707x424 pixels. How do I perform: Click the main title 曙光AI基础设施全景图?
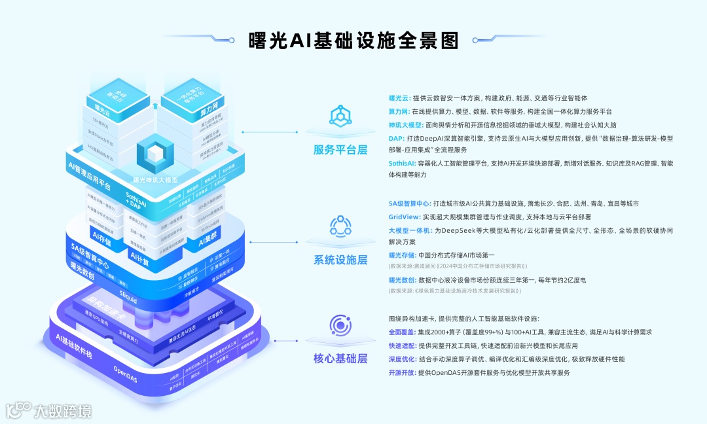point(353,39)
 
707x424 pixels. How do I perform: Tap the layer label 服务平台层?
point(340,150)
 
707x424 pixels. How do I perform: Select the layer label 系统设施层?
point(340,260)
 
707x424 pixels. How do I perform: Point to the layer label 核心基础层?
point(340,359)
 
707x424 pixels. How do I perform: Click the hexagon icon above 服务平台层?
point(340,116)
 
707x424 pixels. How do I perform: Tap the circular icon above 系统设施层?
point(340,226)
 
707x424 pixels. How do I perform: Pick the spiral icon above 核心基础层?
point(340,325)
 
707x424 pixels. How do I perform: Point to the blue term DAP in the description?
point(396,139)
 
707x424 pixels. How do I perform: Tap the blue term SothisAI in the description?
point(402,163)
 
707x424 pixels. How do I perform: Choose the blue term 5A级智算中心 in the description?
point(409,203)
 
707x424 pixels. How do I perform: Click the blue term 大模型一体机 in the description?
point(409,230)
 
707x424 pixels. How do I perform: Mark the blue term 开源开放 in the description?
point(401,372)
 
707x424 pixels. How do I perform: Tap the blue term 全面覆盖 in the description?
point(401,332)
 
